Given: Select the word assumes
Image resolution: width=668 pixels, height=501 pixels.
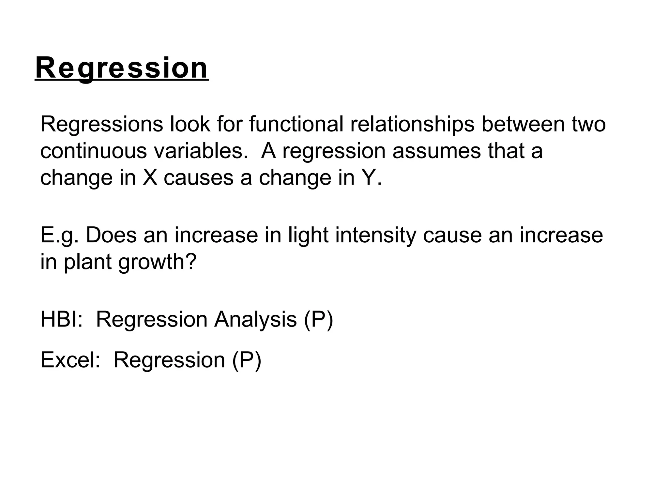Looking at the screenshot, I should click(436, 151).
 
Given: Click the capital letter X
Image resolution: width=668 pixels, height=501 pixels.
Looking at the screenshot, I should click(150, 178).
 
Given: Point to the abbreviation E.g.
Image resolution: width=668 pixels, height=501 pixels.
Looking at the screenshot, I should click(59, 235).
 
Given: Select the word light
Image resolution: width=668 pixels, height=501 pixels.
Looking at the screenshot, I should click(308, 235).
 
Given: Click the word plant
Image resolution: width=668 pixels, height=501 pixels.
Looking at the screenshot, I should click(88, 262).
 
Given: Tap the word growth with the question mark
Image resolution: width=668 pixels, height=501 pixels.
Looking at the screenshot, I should click(157, 262).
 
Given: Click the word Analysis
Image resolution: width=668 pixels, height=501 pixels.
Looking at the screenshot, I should click(255, 320).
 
